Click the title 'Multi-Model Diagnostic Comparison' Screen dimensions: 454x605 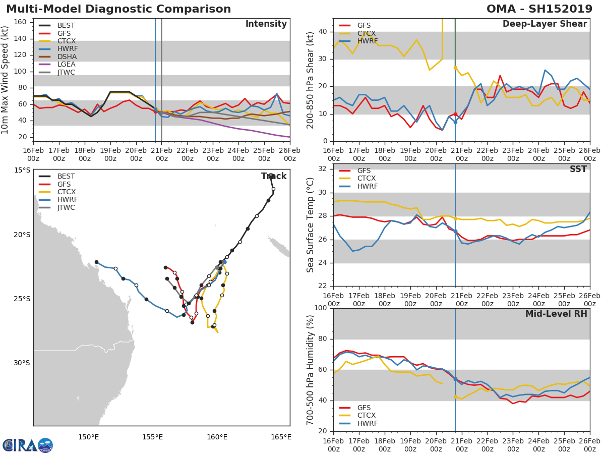(118, 9)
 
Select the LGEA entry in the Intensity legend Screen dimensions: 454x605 (66, 64)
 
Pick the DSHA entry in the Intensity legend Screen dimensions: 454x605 (66, 56)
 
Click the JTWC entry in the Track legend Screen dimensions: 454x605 (66, 207)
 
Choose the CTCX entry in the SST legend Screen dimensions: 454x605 (366, 179)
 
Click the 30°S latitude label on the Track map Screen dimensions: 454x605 (22, 363)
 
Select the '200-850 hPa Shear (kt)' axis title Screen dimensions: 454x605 (311, 80)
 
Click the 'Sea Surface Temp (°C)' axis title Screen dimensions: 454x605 (311, 225)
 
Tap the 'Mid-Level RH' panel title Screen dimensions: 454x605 (556, 314)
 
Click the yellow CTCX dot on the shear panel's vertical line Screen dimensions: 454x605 (455, 68)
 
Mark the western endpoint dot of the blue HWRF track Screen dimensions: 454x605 (96, 262)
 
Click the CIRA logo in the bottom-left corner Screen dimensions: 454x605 (28, 445)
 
